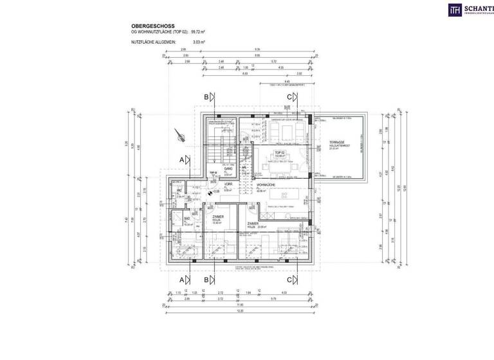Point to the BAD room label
186,220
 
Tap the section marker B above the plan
206,96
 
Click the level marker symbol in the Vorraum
210,192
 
